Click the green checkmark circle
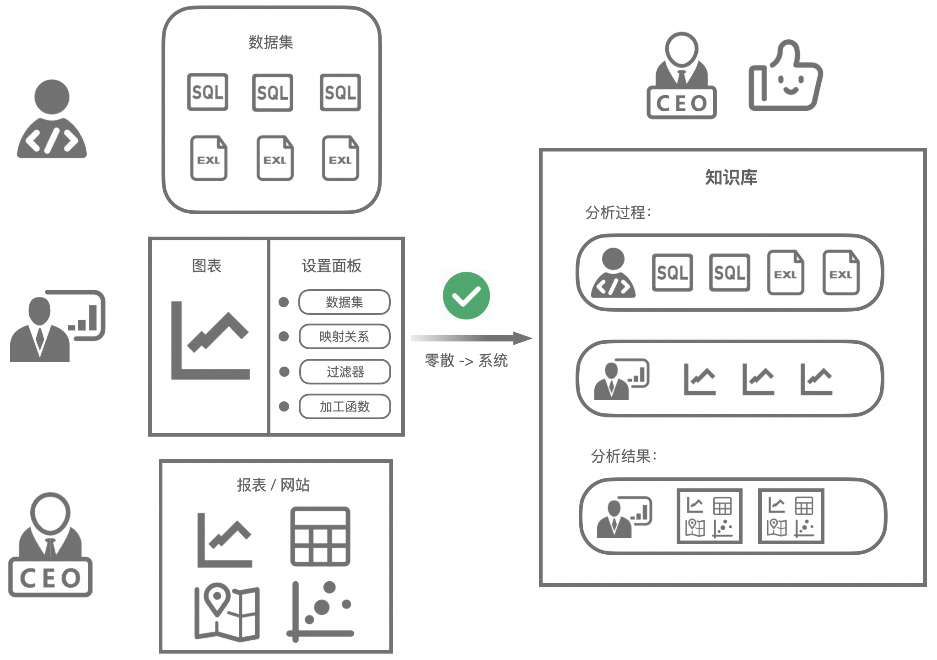point(466,296)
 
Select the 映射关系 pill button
point(345,337)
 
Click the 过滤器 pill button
point(345,372)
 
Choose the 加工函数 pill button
point(345,406)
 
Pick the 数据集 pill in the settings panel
point(345,302)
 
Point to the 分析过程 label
point(618,212)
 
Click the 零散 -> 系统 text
point(466,361)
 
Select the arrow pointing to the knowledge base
point(471,338)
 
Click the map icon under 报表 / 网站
point(227,611)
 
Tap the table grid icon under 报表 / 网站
point(320,536)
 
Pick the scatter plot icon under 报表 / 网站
point(320,611)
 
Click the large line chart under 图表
point(210,341)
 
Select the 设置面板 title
point(332,266)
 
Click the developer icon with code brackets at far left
point(52,120)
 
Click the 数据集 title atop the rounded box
point(271,43)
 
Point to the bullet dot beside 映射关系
point(284,337)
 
